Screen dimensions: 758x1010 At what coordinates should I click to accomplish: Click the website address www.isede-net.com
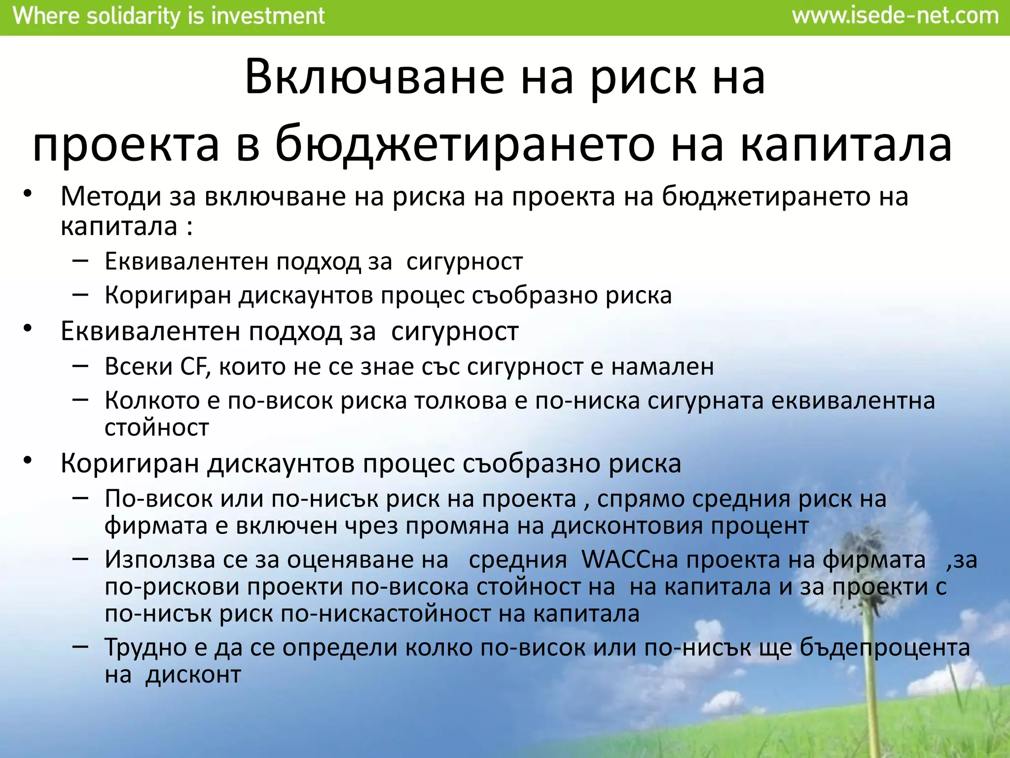point(895,16)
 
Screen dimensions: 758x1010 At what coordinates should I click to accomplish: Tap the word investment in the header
point(268,16)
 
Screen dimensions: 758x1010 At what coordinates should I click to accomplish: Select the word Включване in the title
point(375,77)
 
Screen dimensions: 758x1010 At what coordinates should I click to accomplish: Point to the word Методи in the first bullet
point(111,196)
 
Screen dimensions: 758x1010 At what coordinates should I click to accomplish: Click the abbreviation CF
point(196,367)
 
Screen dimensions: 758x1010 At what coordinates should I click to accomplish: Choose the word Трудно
point(148,647)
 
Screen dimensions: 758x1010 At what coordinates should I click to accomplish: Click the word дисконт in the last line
point(193,675)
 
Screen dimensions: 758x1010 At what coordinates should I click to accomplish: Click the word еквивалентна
point(853,400)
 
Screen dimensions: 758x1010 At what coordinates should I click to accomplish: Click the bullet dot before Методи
point(28,193)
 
